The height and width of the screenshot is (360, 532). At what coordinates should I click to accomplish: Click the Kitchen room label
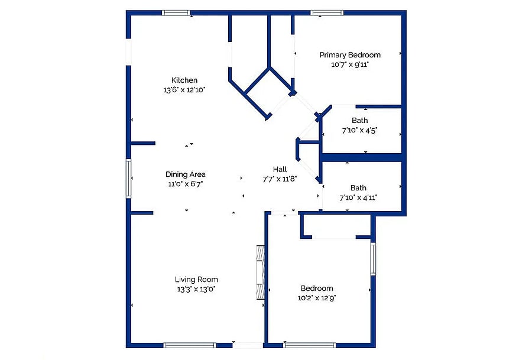click(x=184, y=80)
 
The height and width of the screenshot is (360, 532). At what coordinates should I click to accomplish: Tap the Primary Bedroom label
click(x=350, y=55)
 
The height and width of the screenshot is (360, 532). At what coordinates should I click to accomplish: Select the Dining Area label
click(x=185, y=174)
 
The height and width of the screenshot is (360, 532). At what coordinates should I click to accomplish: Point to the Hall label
click(x=280, y=169)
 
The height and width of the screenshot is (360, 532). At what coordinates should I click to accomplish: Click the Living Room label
click(x=196, y=280)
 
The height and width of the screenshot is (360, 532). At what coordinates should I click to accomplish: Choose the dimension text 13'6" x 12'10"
click(x=184, y=90)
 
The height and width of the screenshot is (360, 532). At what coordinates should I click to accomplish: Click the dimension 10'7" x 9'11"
click(x=350, y=64)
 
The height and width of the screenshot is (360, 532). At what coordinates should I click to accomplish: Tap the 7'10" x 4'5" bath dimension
click(x=359, y=130)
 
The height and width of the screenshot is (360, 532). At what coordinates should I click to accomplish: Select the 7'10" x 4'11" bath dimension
click(x=358, y=197)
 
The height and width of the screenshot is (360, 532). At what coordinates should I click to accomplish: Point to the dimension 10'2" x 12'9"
click(x=317, y=298)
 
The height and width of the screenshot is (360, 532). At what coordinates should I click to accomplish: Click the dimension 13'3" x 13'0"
click(x=196, y=289)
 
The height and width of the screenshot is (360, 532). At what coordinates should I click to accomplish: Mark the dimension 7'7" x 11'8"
click(x=280, y=179)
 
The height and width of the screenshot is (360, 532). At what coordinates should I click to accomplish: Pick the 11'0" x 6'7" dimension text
click(x=185, y=184)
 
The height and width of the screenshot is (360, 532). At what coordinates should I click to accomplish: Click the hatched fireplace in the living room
click(x=260, y=272)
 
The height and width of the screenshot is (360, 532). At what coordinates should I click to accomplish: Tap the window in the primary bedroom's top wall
click(x=327, y=13)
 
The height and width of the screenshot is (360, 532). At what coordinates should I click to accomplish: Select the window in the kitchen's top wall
click(x=176, y=13)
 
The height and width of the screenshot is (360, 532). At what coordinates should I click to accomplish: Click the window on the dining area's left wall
click(x=129, y=179)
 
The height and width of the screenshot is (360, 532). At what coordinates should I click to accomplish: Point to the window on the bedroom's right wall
click(x=373, y=258)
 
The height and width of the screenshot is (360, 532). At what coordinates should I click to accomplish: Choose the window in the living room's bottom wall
click(x=190, y=345)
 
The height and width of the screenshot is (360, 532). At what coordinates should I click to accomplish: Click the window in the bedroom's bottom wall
click(x=309, y=345)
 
